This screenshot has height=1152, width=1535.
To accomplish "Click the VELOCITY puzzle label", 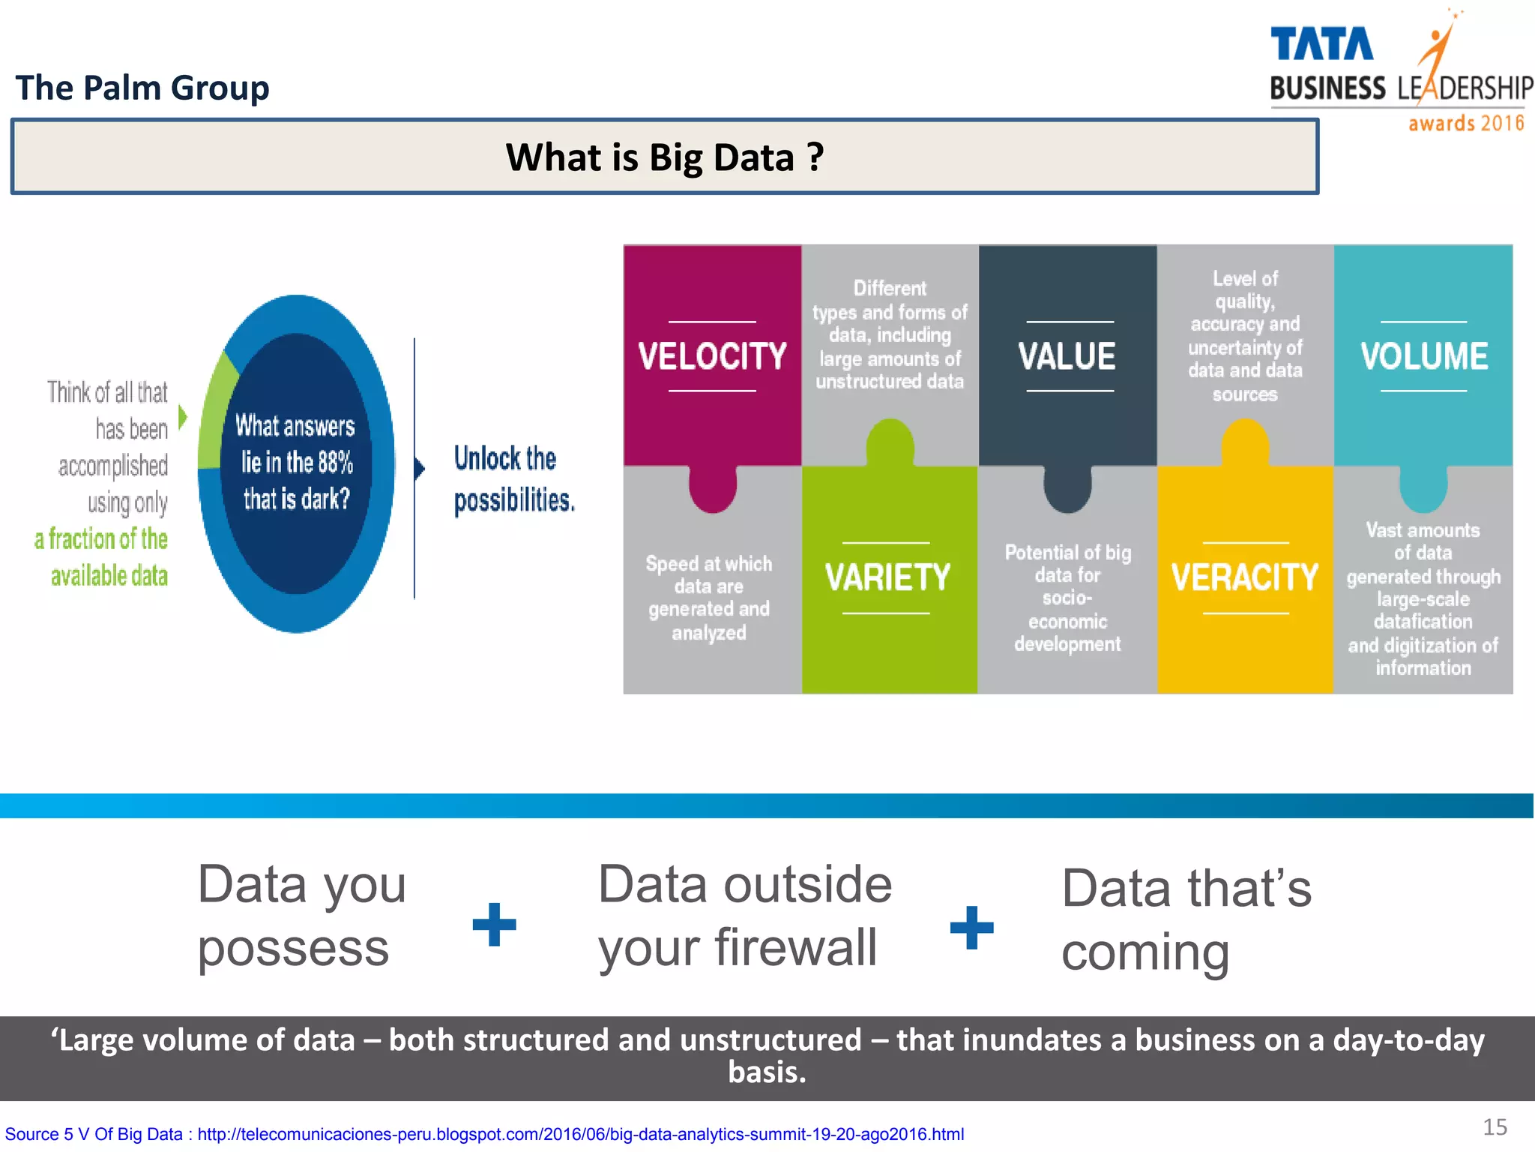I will pyautogui.click(x=712, y=356).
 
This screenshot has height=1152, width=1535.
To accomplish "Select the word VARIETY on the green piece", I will pyautogui.click(x=887, y=577).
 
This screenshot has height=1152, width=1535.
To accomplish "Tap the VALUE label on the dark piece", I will pyautogui.click(x=1067, y=356).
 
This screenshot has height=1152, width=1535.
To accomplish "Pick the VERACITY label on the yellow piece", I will pyautogui.click(x=1244, y=577).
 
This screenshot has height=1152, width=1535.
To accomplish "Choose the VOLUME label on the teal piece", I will pyautogui.click(x=1423, y=356).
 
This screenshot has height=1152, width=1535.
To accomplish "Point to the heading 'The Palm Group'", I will pyautogui.click(x=142, y=88).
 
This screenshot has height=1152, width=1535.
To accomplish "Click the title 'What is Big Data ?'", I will pyautogui.click(x=664, y=157).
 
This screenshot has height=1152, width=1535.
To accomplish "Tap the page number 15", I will pyautogui.click(x=1495, y=1126).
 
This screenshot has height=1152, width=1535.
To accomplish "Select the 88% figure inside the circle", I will pyautogui.click(x=334, y=462).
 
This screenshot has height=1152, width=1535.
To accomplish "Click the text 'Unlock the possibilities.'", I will pyautogui.click(x=513, y=478).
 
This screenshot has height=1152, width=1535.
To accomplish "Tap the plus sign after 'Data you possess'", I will pyautogui.click(x=494, y=924).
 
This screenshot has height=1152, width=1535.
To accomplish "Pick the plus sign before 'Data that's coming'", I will pyautogui.click(x=971, y=927).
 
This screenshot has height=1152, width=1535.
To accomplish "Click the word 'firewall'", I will pyautogui.click(x=795, y=947).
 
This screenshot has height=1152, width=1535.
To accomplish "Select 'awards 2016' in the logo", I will pyautogui.click(x=1465, y=123).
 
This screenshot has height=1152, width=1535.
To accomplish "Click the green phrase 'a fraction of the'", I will pyautogui.click(x=101, y=538).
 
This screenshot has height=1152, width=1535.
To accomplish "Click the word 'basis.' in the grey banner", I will pyautogui.click(x=767, y=1072).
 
